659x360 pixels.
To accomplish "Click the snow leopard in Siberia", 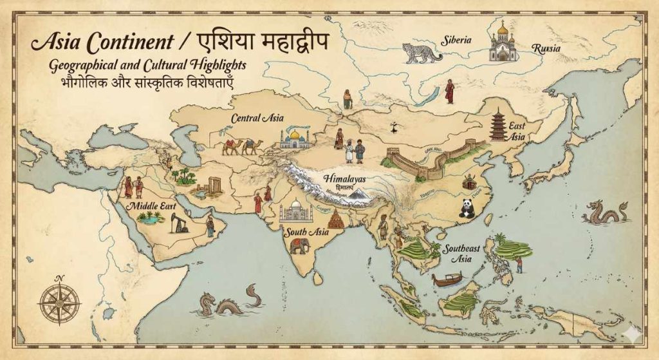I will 422,53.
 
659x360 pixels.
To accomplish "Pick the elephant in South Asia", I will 299,245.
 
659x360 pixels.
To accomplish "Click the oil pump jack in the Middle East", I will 179,223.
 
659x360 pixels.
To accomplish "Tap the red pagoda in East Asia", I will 497,125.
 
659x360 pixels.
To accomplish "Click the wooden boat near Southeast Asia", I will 447,279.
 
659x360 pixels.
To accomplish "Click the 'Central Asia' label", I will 258,118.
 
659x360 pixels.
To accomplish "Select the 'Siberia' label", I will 456,40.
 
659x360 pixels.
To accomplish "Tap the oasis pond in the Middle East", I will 149,220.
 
